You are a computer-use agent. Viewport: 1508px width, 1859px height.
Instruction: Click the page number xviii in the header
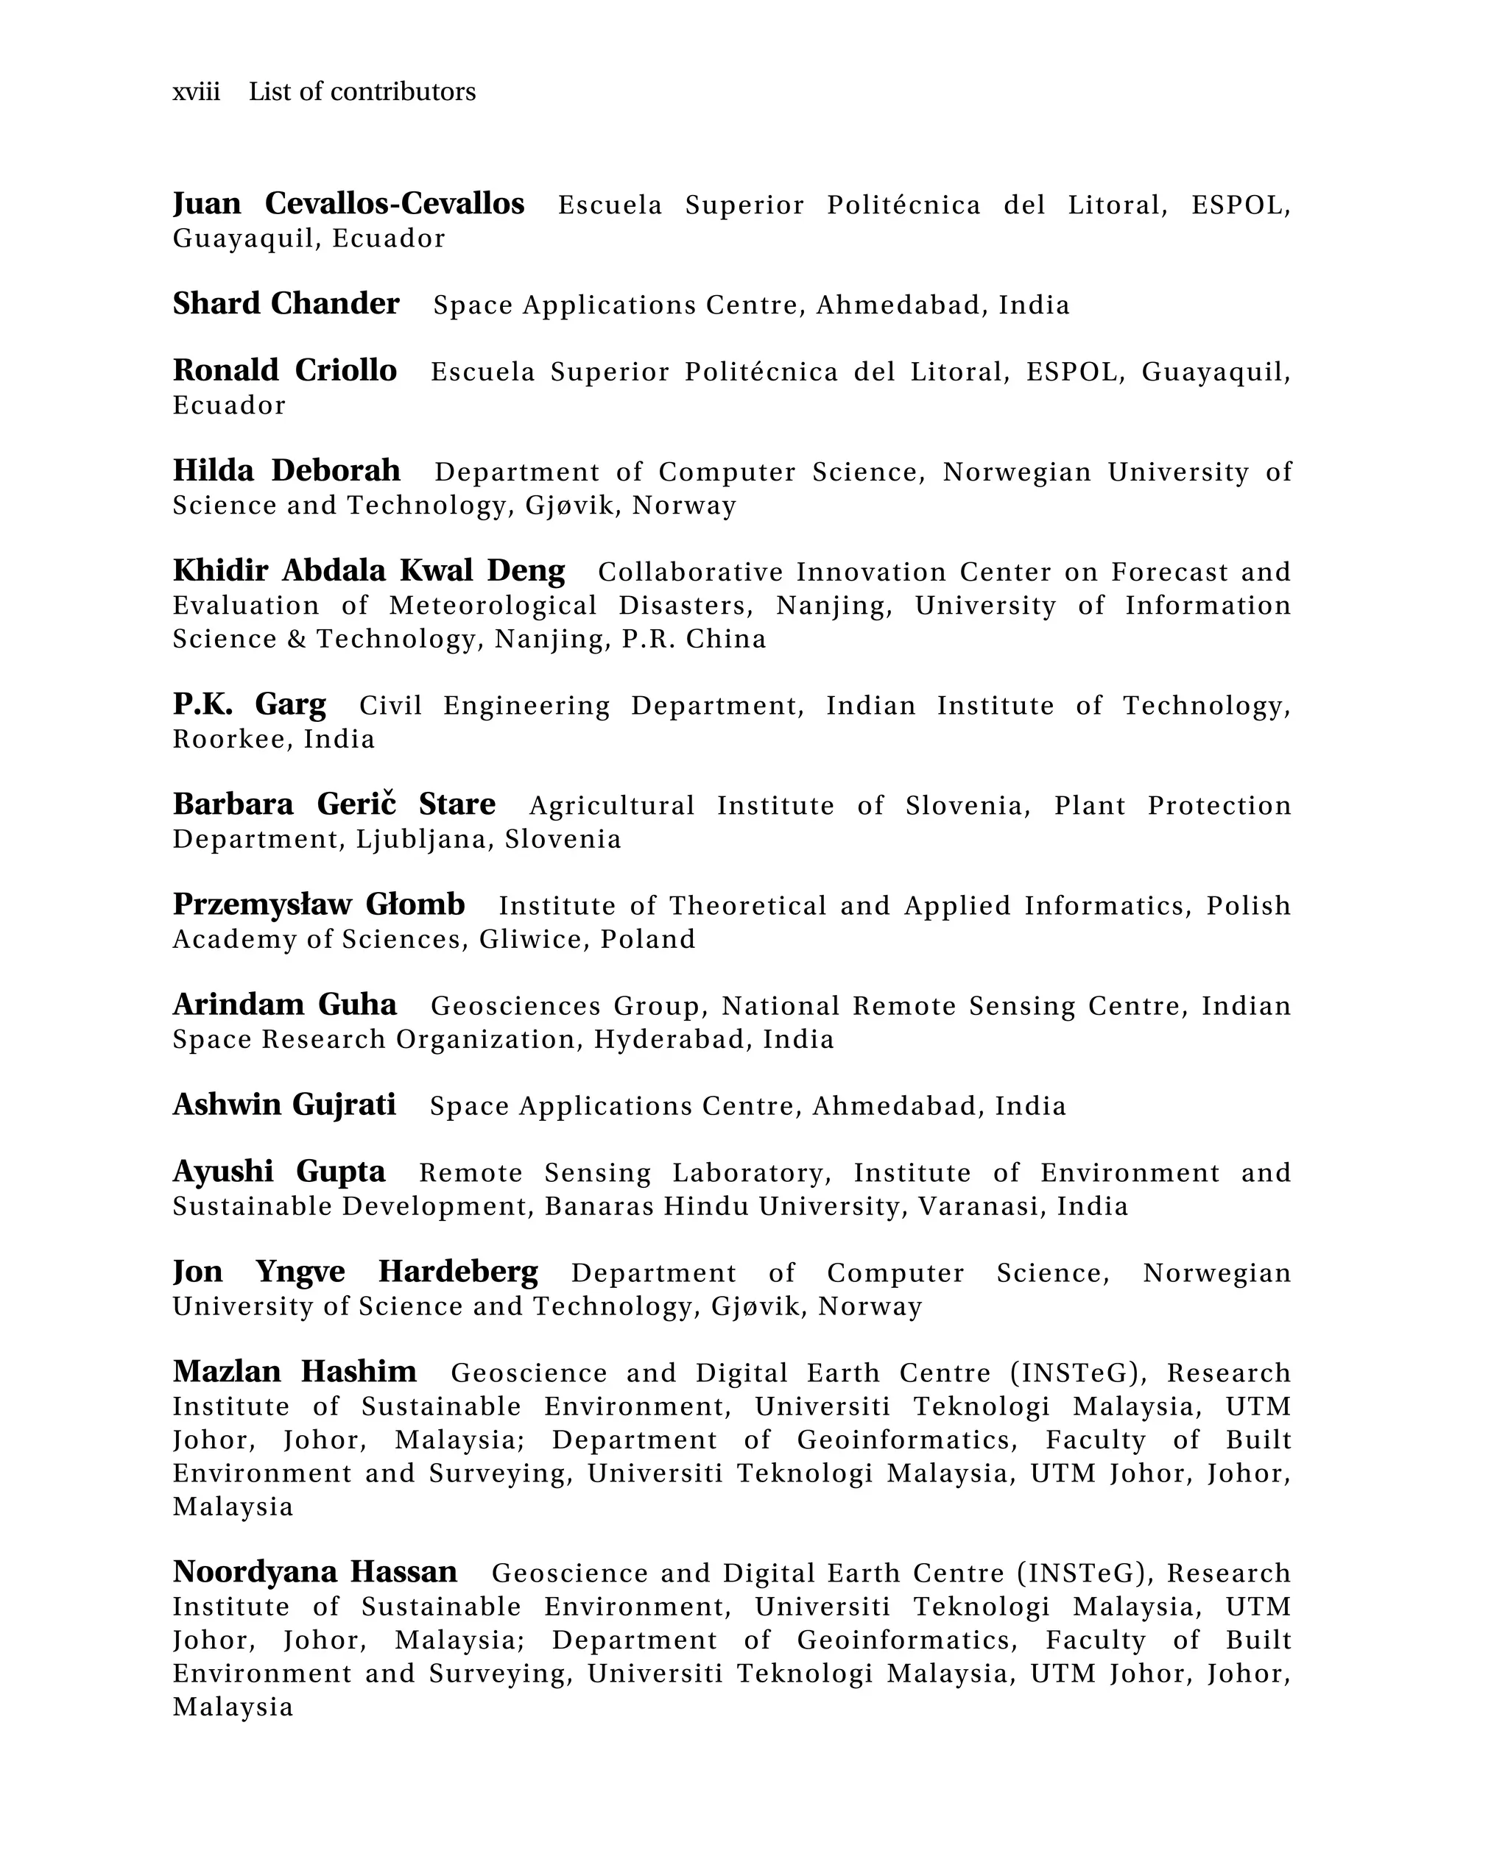197,92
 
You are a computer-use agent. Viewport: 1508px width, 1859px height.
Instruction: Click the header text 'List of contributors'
362,92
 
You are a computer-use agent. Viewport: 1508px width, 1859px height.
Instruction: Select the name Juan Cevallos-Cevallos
348,204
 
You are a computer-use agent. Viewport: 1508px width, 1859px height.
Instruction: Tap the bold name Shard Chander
286,304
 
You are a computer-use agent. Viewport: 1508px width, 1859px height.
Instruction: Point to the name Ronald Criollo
285,371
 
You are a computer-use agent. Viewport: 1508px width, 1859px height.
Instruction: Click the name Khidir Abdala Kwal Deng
368,571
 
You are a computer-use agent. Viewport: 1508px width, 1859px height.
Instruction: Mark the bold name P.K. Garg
250,704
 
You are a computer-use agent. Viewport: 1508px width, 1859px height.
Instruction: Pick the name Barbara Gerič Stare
334,805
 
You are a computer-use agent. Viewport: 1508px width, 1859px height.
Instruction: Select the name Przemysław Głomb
319,904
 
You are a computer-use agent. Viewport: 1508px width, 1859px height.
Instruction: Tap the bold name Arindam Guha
285,1005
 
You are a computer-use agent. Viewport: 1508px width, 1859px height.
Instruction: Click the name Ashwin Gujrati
284,1105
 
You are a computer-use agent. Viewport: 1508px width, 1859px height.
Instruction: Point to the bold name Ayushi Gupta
279,1172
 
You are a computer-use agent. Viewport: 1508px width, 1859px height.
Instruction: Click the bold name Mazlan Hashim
295,1372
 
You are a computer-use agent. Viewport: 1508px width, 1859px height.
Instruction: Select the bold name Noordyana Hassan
314,1573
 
